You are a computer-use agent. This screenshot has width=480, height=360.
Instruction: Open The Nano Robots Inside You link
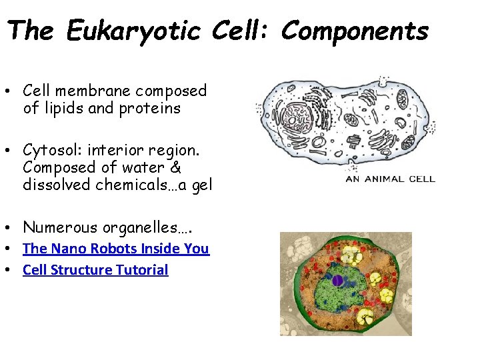(115, 249)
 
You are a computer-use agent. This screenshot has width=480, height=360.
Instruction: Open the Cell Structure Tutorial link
(95, 270)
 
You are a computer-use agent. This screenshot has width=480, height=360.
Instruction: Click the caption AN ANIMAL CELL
(390, 179)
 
